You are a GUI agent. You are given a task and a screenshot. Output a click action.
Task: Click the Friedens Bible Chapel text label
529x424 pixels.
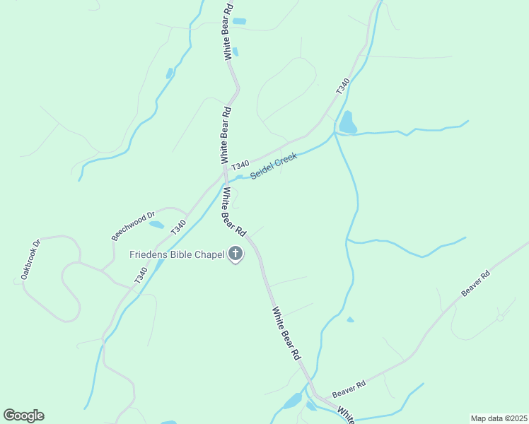(x=177, y=254)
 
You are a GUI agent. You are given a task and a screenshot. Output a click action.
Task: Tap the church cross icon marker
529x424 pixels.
(x=236, y=254)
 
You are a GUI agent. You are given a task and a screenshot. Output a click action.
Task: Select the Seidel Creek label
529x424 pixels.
(x=273, y=165)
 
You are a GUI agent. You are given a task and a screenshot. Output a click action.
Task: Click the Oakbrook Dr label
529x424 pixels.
(x=31, y=259)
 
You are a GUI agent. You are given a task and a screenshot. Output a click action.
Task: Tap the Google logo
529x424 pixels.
(x=23, y=416)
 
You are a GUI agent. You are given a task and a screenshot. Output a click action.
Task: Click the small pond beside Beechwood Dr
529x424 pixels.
(x=156, y=225)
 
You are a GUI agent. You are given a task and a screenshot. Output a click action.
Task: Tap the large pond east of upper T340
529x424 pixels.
(x=347, y=123)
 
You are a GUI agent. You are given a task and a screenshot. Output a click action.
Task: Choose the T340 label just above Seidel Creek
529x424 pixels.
(x=240, y=164)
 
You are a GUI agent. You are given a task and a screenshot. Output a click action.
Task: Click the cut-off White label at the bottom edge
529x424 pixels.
(x=344, y=415)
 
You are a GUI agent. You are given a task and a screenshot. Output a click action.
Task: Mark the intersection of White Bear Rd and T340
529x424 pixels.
(x=224, y=172)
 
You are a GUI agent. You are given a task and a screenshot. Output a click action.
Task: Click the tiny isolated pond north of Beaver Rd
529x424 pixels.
(x=350, y=319)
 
